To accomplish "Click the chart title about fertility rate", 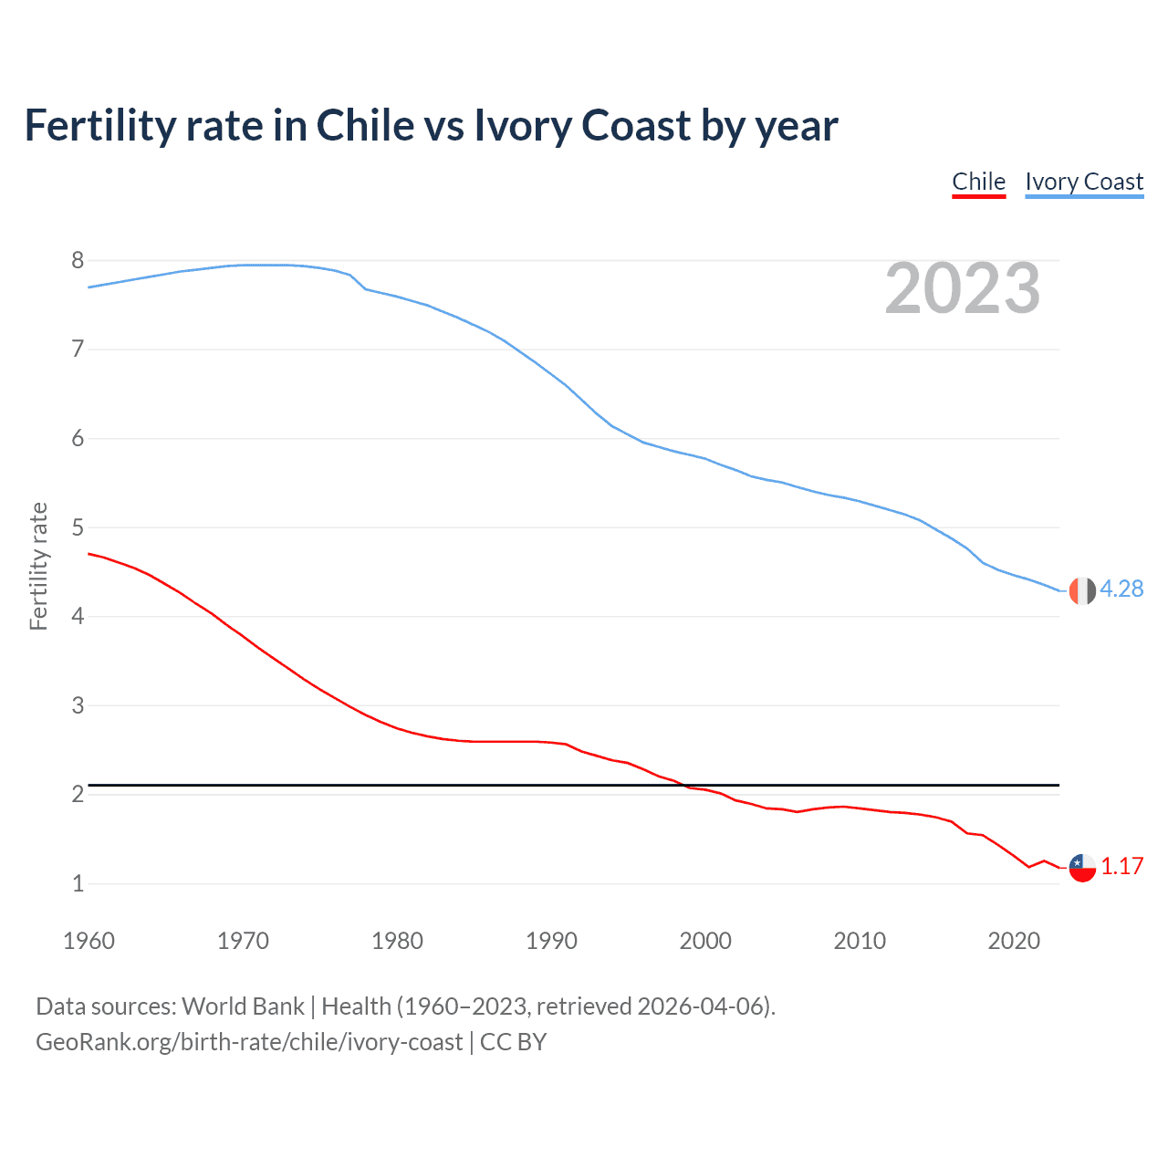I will coord(431,126).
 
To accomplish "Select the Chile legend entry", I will coord(978,182).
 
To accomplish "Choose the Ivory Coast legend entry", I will coord(1084,182).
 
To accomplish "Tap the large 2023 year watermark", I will coord(963,288).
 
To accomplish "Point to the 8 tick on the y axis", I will coord(78,261).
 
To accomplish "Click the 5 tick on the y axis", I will coord(78,527).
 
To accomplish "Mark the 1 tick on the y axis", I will coord(78,883).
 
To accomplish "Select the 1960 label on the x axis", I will coord(89,941).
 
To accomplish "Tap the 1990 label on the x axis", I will coord(551,941).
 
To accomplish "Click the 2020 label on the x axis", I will coord(1014,941).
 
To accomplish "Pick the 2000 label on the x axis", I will coord(705,941).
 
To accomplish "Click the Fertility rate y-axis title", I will coord(38,566).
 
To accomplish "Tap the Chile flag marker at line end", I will coord(1082,867).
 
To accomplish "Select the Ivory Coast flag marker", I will coord(1082,590).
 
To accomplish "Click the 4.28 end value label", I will coord(1121,589).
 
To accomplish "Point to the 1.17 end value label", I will coord(1121,867).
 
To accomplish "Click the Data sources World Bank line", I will coord(405,1006).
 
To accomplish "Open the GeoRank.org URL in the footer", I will coord(249,1042).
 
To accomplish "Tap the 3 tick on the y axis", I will coord(78,705).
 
